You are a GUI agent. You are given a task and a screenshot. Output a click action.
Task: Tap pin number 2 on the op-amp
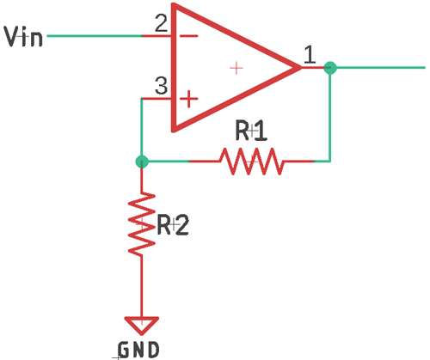click(x=161, y=24)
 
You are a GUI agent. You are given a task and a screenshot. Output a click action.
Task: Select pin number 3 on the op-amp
click(x=161, y=86)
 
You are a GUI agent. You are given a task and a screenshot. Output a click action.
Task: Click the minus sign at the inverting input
click(x=188, y=36)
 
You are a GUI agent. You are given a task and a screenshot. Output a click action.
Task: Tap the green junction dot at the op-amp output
click(x=330, y=67)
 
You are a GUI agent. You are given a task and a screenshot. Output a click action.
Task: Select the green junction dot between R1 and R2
click(x=142, y=161)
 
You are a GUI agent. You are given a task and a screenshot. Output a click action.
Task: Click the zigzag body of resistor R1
click(x=250, y=161)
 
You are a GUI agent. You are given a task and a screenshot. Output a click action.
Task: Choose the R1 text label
click(x=252, y=131)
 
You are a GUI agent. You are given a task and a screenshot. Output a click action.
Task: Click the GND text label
click(x=138, y=349)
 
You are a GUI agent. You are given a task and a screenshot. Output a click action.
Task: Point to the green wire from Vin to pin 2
click(x=95, y=36)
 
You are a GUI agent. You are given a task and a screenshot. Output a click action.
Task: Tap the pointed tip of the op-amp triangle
click(x=298, y=67)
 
